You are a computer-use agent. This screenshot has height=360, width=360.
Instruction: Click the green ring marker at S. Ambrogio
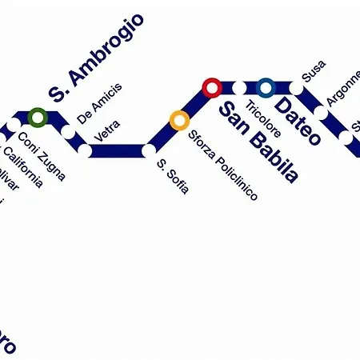(x=37, y=118)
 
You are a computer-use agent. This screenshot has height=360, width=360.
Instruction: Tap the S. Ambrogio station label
(x=96, y=58)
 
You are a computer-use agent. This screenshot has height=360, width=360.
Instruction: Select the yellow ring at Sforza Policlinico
(x=179, y=121)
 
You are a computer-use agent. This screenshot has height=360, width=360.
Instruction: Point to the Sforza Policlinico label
(x=223, y=165)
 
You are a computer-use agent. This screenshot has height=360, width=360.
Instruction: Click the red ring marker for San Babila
(x=212, y=86)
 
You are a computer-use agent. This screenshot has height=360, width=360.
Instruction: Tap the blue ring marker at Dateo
(x=266, y=86)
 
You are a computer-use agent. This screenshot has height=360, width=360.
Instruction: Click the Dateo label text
(x=298, y=121)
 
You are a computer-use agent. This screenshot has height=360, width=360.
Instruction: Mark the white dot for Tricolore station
(x=239, y=87)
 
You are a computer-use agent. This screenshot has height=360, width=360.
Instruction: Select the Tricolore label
(x=262, y=118)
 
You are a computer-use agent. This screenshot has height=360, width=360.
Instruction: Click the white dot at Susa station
(x=295, y=87)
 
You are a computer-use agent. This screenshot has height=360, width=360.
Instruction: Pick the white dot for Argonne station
(x=321, y=113)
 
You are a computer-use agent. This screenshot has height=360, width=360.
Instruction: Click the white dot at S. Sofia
(x=148, y=150)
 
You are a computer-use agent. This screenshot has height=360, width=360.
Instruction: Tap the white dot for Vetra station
(x=85, y=150)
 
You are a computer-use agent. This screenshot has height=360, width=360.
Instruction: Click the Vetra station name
(x=107, y=131)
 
